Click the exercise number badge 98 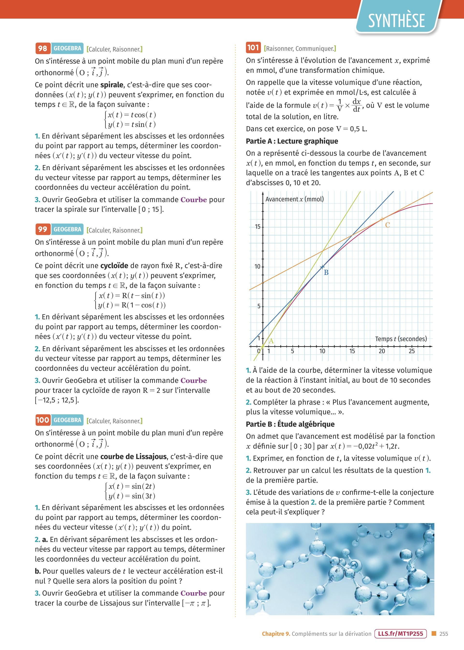(43, 48)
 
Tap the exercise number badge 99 (43, 229)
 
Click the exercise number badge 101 (253, 47)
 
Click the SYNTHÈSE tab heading (396, 20)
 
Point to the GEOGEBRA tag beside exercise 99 (67, 229)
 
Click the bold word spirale (112, 85)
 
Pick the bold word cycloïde (114, 266)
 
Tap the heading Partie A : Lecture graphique (292, 141)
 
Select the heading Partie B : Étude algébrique (290, 424)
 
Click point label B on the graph (326, 273)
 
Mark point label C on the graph (387, 225)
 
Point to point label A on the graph (271, 341)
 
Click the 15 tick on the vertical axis (257, 227)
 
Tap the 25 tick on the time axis (411, 351)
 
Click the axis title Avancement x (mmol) (295, 199)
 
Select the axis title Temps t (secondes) (401, 339)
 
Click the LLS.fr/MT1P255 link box (400, 634)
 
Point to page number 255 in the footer (443, 634)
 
